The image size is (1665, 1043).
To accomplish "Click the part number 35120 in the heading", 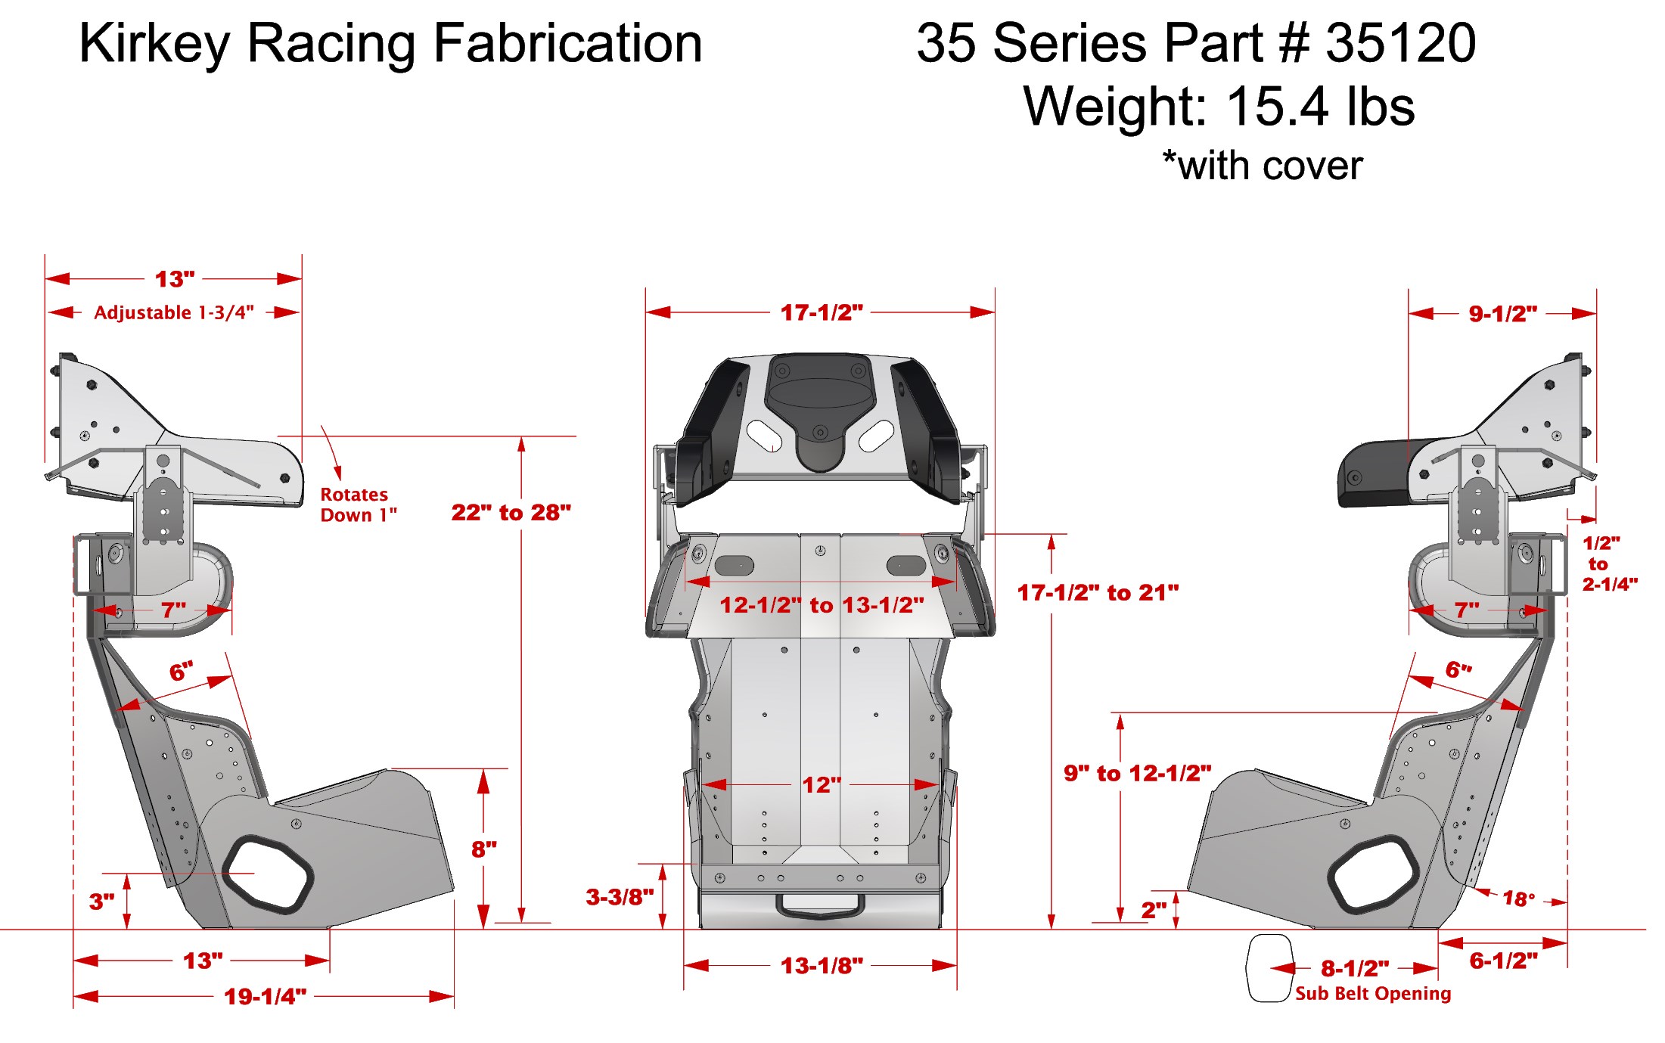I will pyautogui.click(x=1400, y=43).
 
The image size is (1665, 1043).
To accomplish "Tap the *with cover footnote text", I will pyautogui.click(x=1262, y=166).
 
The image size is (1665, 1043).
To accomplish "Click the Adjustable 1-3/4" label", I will pyautogui.click(x=173, y=312).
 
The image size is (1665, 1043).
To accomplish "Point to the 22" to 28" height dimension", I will pyautogui.click(x=511, y=513).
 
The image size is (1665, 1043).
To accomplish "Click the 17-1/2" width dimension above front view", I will pyautogui.click(x=821, y=312).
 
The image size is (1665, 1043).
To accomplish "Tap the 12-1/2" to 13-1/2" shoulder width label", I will pyautogui.click(x=822, y=605).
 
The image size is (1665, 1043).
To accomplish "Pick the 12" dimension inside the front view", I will pyautogui.click(x=821, y=785).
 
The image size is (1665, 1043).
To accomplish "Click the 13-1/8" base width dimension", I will pyautogui.click(x=822, y=966).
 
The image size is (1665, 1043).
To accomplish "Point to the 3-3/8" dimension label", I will pyautogui.click(x=620, y=897).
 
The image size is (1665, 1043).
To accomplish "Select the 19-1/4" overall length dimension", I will pyautogui.click(x=265, y=996).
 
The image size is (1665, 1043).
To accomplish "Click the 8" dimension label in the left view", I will pyautogui.click(x=484, y=849).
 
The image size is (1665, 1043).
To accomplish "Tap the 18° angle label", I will pyautogui.click(x=1518, y=899).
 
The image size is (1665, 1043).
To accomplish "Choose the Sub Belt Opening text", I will pyautogui.click(x=1372, y=993).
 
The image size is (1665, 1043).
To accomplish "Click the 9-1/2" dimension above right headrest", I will pyautogui.click(x=1502, y=314).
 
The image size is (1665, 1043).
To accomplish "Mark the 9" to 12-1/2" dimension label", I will pyautogui.click(x=1137, y=773).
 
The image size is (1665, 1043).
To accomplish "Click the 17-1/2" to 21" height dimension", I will pyautogui.click(x=1098, y=592).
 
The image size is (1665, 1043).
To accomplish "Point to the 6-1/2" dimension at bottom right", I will pyautogui.click(x=1503, y=961).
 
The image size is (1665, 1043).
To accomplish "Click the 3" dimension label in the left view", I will pyautogui.click(x=101, y=902).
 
